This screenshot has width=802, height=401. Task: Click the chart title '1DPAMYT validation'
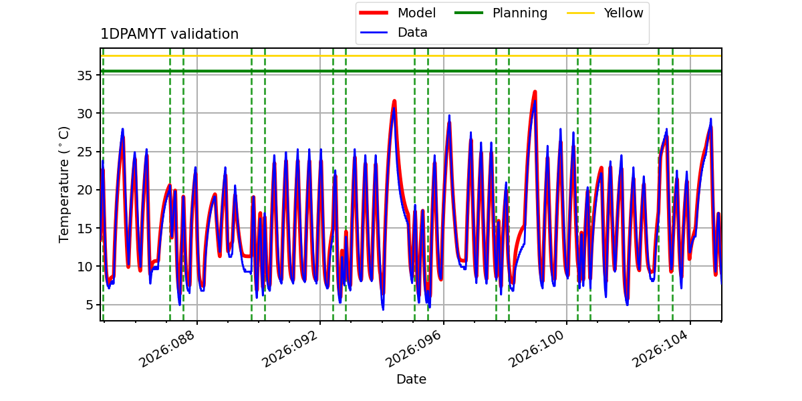click(x=169, y=34)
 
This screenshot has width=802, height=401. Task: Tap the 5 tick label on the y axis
click(x=87, y=305)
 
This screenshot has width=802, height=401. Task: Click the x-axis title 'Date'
click(x=411, y=380)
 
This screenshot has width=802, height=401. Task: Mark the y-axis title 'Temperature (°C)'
click(x=65, y=184)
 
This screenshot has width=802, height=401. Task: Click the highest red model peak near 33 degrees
click(x=535, y=92)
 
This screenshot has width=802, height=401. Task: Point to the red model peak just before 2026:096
click(x=394, y=102)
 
